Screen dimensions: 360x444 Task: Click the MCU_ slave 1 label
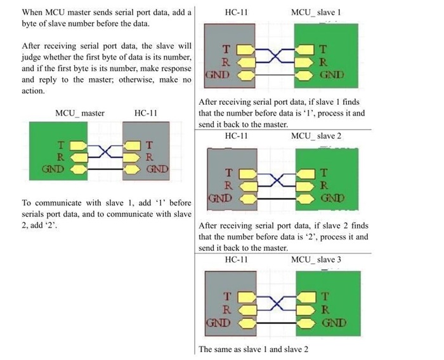(316, 12)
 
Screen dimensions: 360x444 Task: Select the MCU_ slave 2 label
(316, 136)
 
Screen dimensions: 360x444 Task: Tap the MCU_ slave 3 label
(316, 260)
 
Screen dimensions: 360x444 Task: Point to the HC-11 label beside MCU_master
(146, 113)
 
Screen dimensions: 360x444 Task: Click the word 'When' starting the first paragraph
(33, 12)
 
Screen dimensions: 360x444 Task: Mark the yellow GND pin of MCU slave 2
(307, 199)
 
